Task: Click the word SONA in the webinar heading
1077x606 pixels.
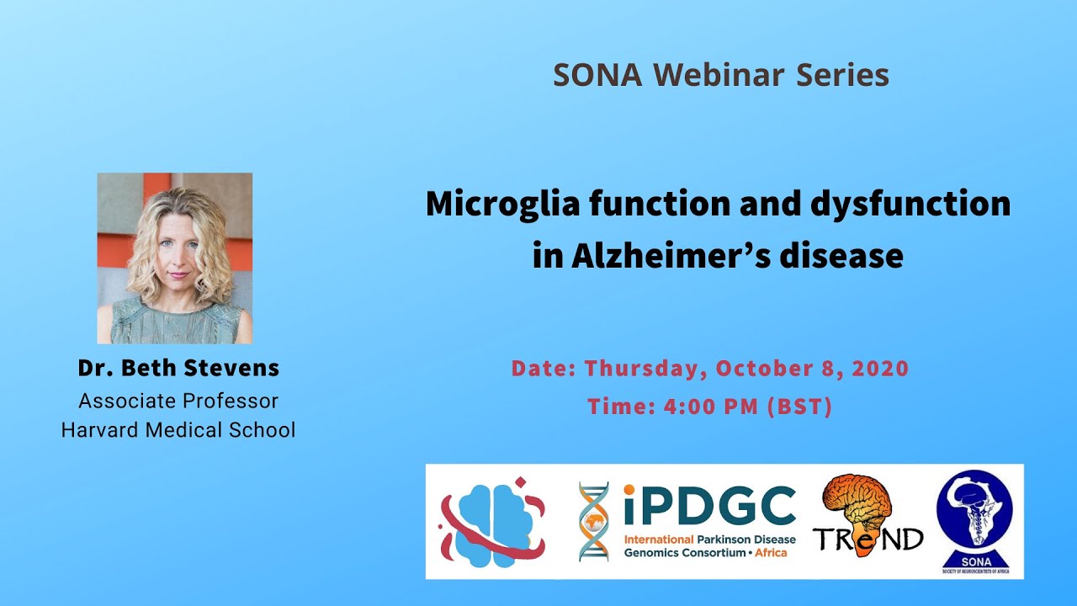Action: pyautogui.click(x=597, y=75)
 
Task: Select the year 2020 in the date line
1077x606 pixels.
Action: pyautogui.click(x=880, y=369)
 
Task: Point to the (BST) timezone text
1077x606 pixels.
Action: pyautogui.click(x=799, y=407)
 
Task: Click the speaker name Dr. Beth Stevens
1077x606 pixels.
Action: pyautogui.click(x=178, y=369)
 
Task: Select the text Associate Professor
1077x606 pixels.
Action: pyautogui.click(x=178, y=401)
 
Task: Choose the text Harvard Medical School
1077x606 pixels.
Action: pyautogui.click(x=178, y=430)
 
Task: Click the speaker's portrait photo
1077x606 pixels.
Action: pyautogui.click(x=175, y=258)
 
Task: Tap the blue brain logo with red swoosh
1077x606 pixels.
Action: pyautogui.click(x=493, y=521)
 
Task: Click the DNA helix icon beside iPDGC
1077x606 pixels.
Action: pyautogui.click(x=594, y=522)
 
